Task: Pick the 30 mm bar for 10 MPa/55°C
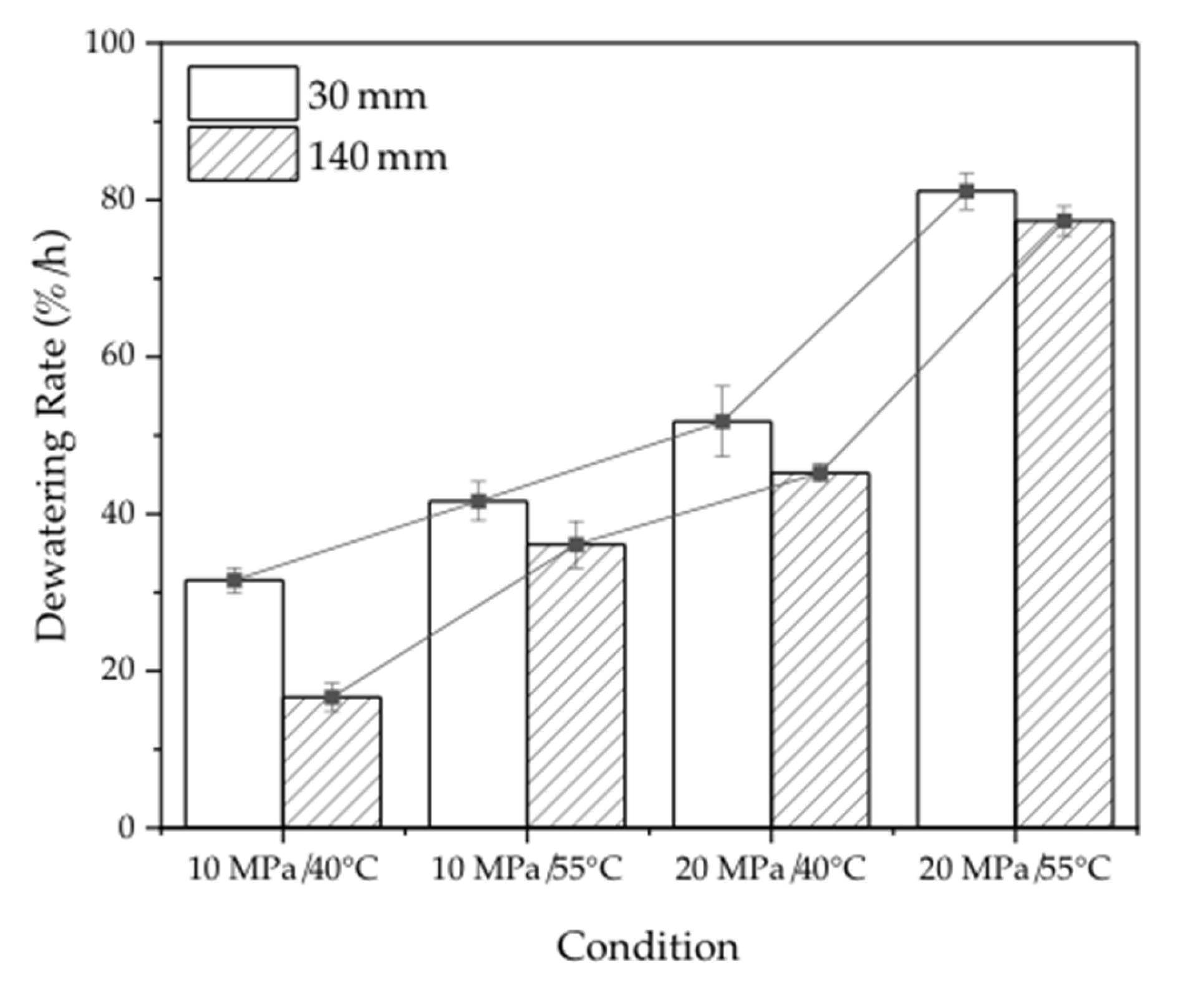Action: click(x=478, y=664)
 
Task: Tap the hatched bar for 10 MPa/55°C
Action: click(x=576, y=686)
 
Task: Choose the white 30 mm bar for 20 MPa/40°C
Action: click(x=722, y=624)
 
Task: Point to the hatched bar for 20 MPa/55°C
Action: click(x=1064, y=524)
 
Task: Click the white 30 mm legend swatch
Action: click(x=243, y=93)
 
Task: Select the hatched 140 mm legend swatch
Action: click(x=243, y=154)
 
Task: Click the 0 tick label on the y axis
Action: click(x=127, y=828)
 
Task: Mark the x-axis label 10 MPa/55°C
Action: click(x=527, y=869)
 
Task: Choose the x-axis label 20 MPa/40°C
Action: click(x=771, y=869)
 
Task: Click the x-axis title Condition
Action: click(x=647, y=946)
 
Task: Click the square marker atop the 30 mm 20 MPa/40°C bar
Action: click(x=722, y=421)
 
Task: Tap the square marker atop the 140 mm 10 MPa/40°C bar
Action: click(x=332, y=698)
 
